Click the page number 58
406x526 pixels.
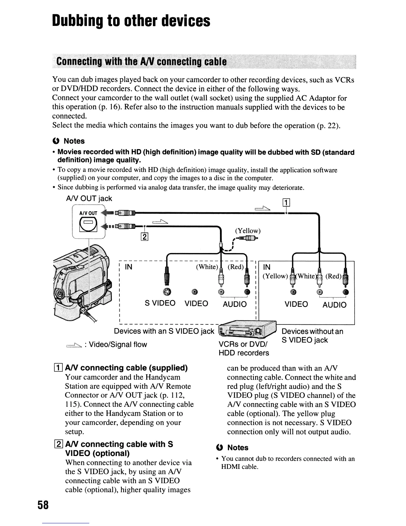[x=43, y=505]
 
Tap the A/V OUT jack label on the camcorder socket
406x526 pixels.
[x=88, y=213]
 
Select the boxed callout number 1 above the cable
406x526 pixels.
[x=286, y=202]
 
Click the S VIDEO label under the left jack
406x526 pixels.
[x=160, y=303]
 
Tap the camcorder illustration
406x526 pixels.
[x=83, y=282]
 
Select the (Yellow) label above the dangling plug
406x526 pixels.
[x=248, y=230]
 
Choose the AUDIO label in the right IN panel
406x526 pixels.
[x=334, y=305]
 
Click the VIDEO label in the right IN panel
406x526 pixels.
[x=296, y=304]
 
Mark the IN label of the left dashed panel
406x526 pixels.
[x=128, y=267]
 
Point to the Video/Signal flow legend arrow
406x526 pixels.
[x=74, y=345]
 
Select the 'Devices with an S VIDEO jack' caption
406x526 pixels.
[x=164, y=331]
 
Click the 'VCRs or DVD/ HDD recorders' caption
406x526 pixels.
[x=244, y=348]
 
